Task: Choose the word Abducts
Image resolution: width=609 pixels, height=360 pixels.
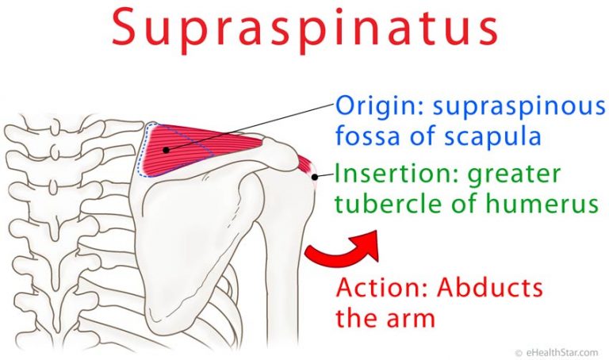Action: tap(489, 287)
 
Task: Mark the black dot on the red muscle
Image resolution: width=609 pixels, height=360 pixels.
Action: tap(167, 150)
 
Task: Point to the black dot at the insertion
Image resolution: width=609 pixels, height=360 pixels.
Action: tap(315, 177)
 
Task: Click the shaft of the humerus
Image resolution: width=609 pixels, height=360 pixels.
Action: tap(283, 280)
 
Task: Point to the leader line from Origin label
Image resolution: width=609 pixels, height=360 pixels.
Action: tap(251, 127)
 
